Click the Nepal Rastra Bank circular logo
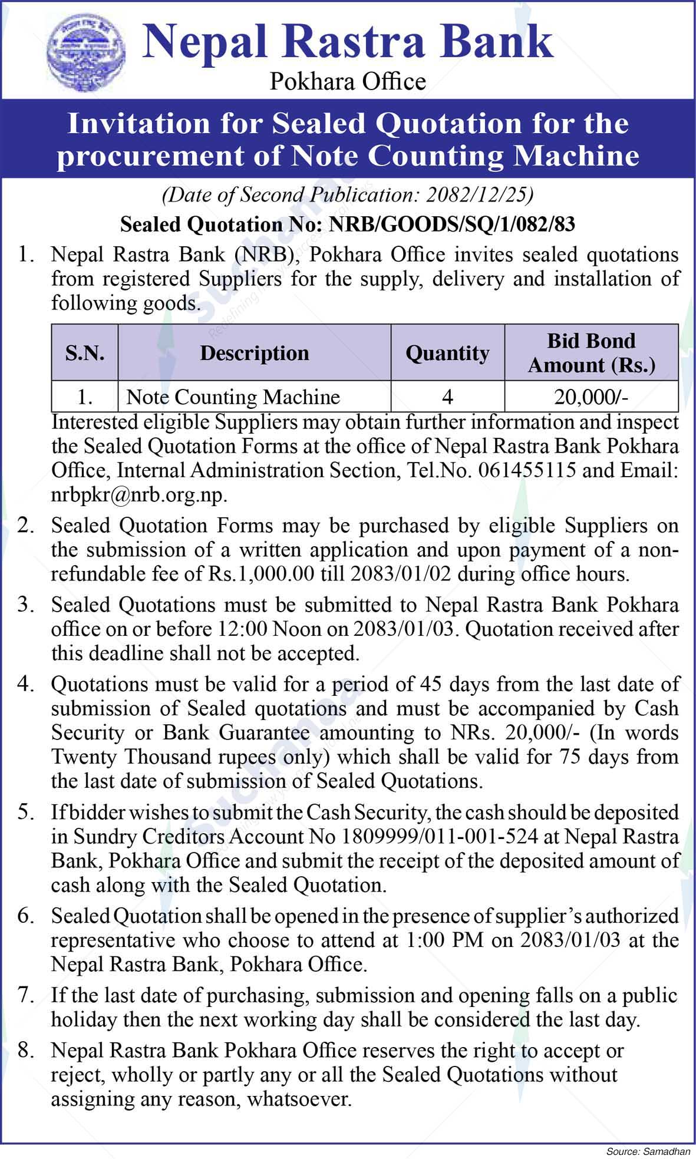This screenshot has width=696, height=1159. [x=86, y=53]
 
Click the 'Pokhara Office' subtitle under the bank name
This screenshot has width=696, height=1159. [x=348, y=81]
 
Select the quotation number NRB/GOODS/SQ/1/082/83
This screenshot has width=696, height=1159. [x=451, y=224]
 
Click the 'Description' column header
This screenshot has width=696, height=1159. [x=254, y=352]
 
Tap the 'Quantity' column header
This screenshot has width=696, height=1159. [x=447, y=352]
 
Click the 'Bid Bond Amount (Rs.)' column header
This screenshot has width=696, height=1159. [x=591, y=352]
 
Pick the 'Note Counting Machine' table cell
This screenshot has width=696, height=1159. [x=233, y=397]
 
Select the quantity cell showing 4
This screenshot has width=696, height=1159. [x=447, y=397]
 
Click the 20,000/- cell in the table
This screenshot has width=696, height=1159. [x=591, y=397]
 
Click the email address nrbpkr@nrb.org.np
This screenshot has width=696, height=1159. [x=138, y=494]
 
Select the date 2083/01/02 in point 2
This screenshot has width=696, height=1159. [x=400, y=574]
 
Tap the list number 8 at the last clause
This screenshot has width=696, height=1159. [x=24, y=1050]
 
